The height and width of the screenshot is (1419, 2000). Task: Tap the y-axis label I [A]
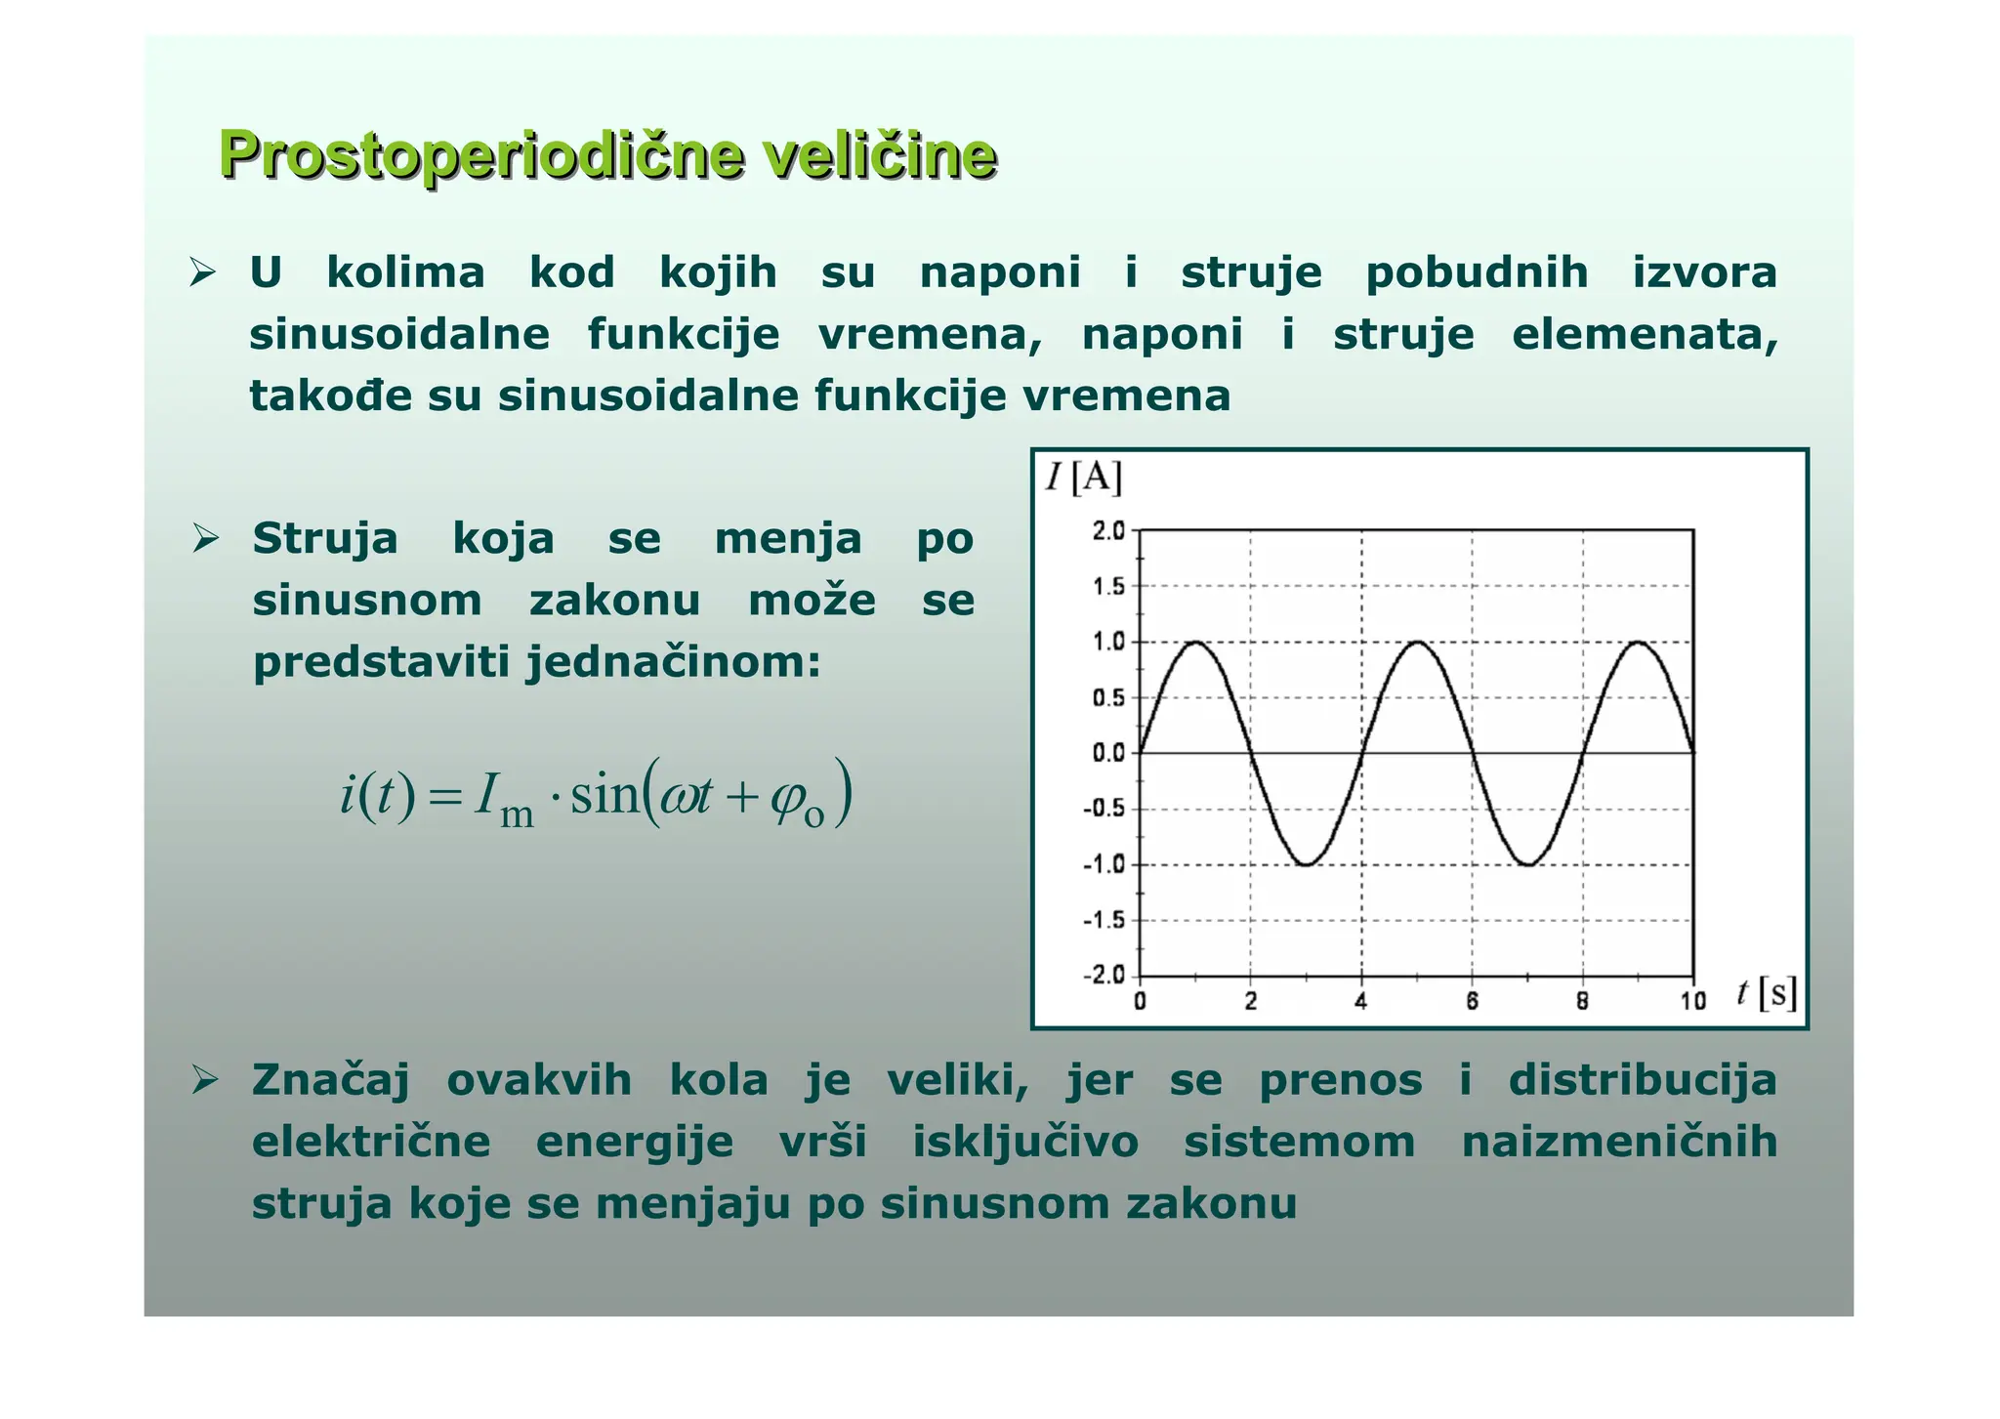coord(1084,478)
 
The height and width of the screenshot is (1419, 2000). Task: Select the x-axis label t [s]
coord(1767,993)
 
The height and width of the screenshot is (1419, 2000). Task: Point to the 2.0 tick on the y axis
coord(1108,531)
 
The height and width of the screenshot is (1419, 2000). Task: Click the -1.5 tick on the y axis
coord(1104,920)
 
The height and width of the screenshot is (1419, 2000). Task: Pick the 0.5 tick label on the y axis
coord(1108,697)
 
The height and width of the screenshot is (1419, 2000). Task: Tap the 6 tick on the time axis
coord(1472,1001)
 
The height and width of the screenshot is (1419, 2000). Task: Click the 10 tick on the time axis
coord(1692,1001)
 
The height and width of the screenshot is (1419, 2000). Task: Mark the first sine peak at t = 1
coord(1195,642)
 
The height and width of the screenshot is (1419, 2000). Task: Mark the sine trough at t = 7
coord(1527,864)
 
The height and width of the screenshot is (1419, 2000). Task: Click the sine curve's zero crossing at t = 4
coord(1361,753)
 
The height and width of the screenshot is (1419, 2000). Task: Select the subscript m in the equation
coord(517,815)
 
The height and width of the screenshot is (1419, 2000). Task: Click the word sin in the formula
coord(604,796)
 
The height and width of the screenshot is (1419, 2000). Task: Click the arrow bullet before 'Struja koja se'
coord(205,538)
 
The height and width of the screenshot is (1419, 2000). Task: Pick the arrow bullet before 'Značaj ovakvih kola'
coord(205,1080)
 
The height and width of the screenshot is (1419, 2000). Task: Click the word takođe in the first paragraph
coord(331,396)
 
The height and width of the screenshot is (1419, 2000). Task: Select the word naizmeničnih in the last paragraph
coord(1619,1142)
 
